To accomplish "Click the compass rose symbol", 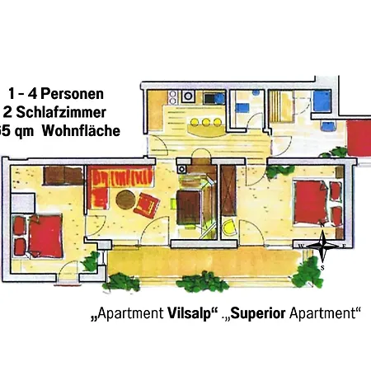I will coord(323,246).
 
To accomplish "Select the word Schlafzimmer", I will coord(67,112).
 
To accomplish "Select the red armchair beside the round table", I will coord(147,204).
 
